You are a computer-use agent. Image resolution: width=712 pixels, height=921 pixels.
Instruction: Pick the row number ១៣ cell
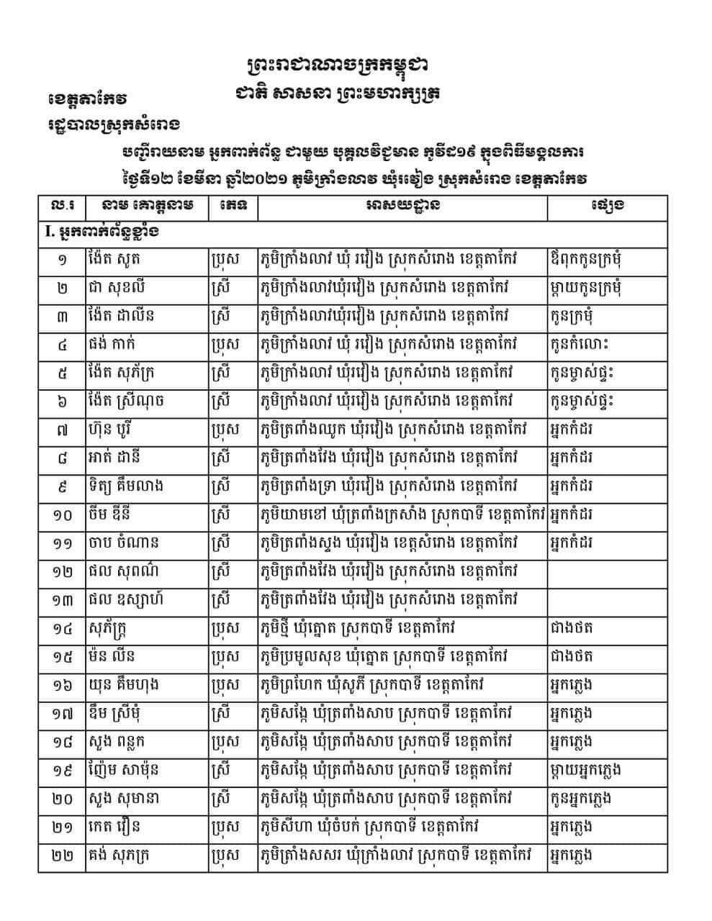click(x=62, y=599)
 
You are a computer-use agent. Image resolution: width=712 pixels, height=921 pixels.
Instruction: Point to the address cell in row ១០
click(x=402, y=514)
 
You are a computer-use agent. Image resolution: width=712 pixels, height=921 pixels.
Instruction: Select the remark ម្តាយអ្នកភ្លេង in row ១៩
click(x=585, y=769)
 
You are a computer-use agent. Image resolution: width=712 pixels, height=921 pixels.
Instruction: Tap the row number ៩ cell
click(x=62, y=486)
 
